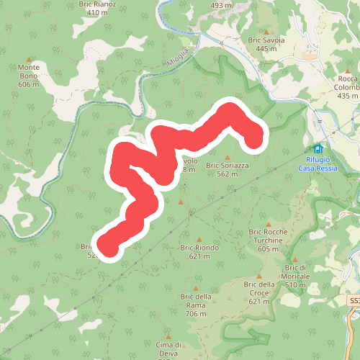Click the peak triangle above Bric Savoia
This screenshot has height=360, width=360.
(x=266, y=32)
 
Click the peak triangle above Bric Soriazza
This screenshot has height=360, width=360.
(x=228, y=157)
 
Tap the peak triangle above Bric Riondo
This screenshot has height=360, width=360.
(x=199, y=239)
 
